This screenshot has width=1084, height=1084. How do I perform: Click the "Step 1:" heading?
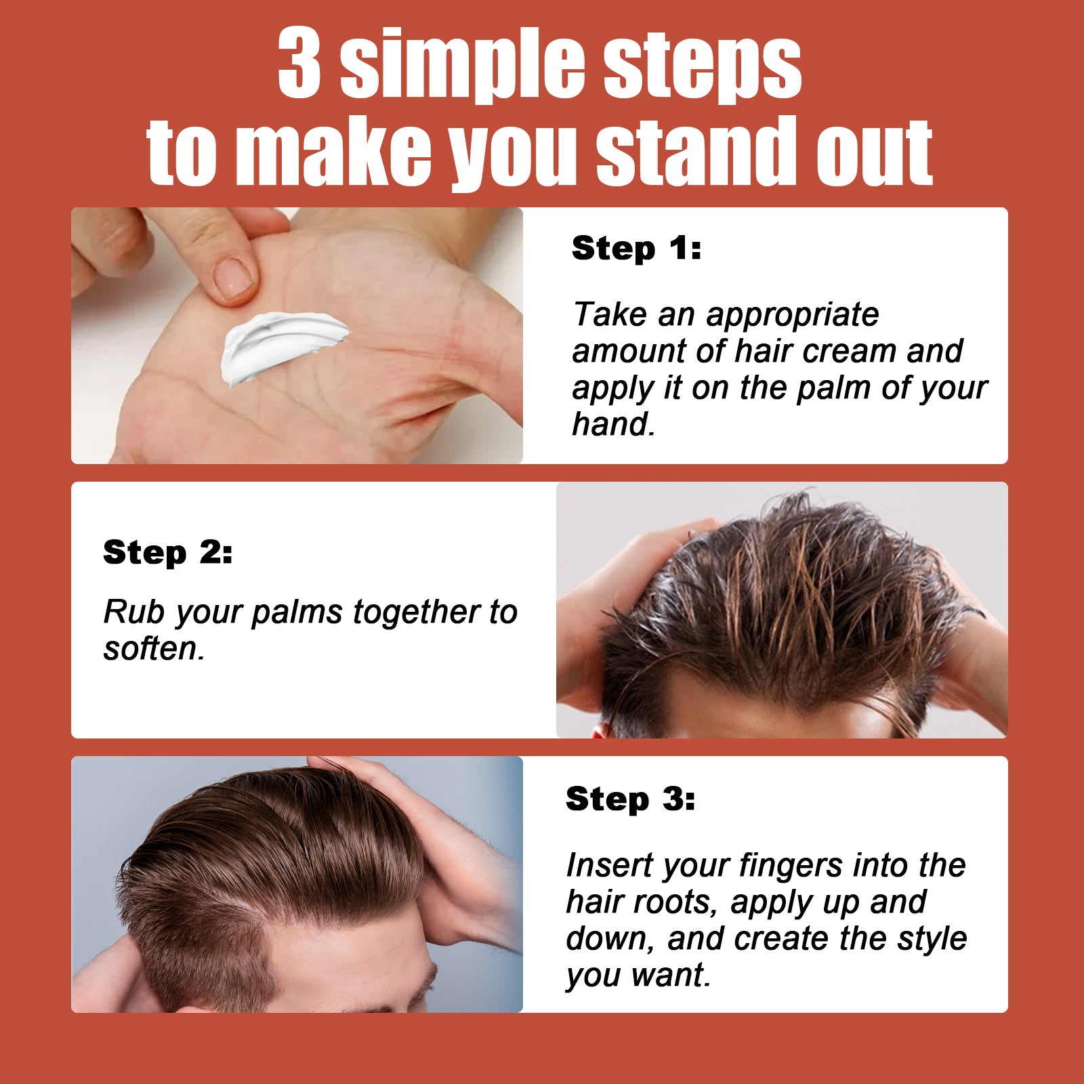pyautogui.click(x=636, y=248)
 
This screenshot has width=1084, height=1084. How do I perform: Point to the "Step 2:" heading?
pyautogui.click(x=167, y=552)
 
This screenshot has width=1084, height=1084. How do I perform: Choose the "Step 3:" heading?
pyautogui.click(x=630, y=799)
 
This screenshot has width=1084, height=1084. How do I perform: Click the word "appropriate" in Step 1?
pyautogui.click(x=793, y=315)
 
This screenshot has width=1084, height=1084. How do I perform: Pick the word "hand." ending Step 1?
pyautogui.click(x=614, y=425)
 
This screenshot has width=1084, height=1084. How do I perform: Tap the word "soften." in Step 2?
pyautogui.click(x=154, y=649)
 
